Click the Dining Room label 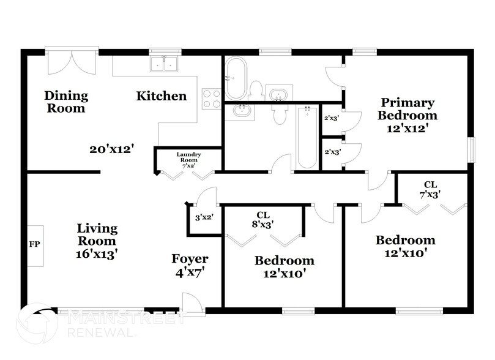pyautogui.click(x=65, y=102)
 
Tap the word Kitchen pyautogui.click(x=161, y=96)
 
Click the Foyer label pyautogui.click(x=189, y=259)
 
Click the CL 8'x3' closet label pyautogui.click(x=263, y=219)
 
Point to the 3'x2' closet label pyautogui.click(x=203, y=217)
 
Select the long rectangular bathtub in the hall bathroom pyautogui.click(x=307, y=137)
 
